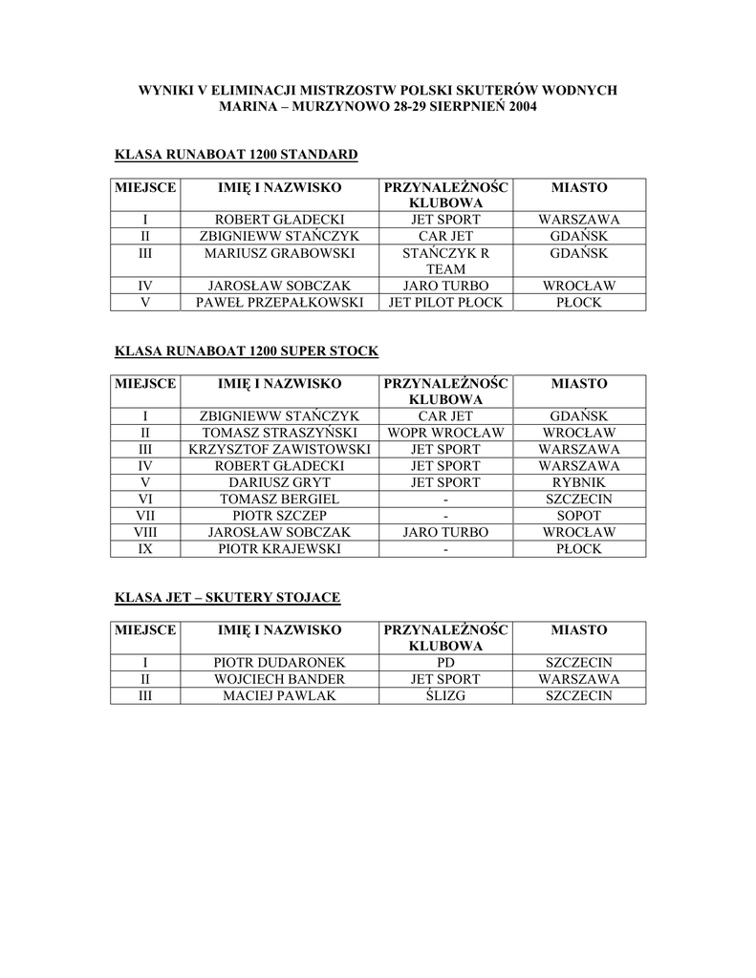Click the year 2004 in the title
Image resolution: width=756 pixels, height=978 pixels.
pyautogui.click(x=517, y=106)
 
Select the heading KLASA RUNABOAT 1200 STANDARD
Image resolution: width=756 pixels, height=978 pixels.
pyautogui.click(x=236, y=154)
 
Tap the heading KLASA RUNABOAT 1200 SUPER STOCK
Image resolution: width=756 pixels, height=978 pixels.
pyautogui.click(x=247, y=351)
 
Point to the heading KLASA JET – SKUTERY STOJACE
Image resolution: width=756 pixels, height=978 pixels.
pyautogui.click(x=227, y=598)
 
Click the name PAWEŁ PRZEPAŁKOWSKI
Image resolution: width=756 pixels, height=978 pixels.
pyautogui.click(x=279, y=303)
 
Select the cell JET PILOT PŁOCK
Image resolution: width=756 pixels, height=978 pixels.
pyautogui.click(x=445, y=303)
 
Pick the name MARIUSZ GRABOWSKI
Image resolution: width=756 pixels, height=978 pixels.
pyautogui.click(x=279, y=253)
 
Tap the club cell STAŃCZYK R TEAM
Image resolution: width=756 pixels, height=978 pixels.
pyautogui.click(x=445, y=261)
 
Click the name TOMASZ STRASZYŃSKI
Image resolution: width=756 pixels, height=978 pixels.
pyautogui.click(x=279, y=433)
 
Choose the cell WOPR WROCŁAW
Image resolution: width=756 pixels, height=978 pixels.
pyautogui.click(x=445, y=433)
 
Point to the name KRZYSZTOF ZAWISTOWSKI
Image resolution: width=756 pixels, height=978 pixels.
pyautogui.click(x=279, y=449)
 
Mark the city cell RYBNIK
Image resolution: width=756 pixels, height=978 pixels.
pyautogui.click(x=579, y=482)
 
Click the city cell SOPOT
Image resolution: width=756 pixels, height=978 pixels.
pyautogui.click(x=579, y=516)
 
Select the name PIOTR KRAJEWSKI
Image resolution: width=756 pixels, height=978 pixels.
pyautogui.click(x=279, y=549)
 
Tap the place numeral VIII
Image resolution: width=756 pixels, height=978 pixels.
pyautogui.click(x=145, y=532)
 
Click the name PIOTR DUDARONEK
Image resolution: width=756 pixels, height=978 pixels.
pyautogui.click(x=279, y=662)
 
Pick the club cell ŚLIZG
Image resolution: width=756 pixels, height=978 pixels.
pyautogui.click(x=445, y=696)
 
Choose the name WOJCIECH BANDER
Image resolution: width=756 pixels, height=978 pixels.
pyautogui.click(x=279, y=679)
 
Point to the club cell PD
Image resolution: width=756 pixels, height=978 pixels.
pyautogui.click(x=445, y=662)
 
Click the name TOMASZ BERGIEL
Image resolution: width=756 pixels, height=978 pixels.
pyautogui.click(x=279, y=499)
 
